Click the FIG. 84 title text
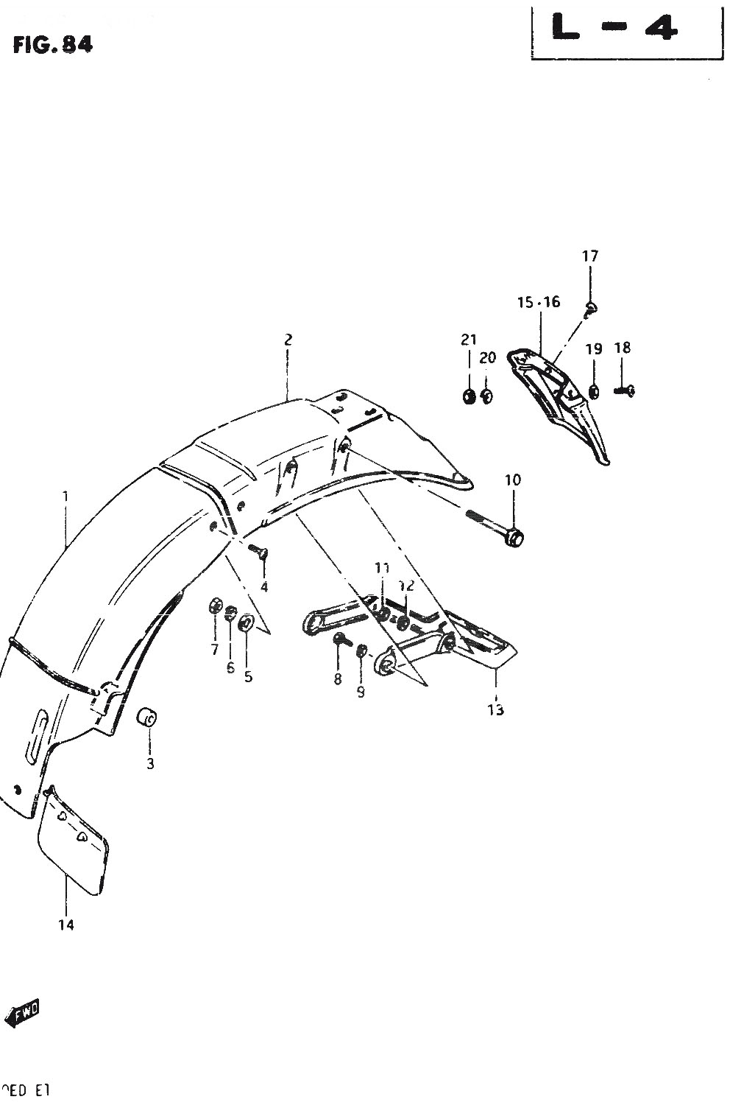coord(52,46)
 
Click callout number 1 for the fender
coord(65,497)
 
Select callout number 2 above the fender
coord(288,340)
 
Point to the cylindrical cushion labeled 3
coord(149,717)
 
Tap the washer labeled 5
coord(246,623)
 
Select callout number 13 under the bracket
coord(495,710)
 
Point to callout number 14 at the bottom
coord(66,925)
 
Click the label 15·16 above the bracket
coord(539,302)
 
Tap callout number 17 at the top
coord(590,256)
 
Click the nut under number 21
coord(468,397)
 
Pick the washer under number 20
coord(486,397)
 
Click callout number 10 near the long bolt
coord(512,480)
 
